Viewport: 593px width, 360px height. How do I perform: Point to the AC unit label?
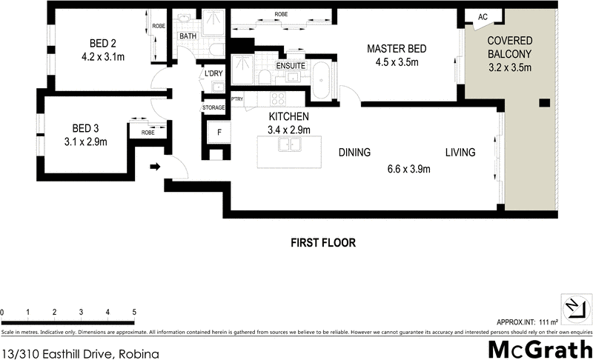click(x=483, y=17)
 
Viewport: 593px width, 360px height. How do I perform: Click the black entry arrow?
click(x=154, y=167)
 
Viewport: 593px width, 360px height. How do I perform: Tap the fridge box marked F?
click(x=219, y=133)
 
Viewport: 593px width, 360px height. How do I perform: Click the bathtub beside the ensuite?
click(x=321, y=80)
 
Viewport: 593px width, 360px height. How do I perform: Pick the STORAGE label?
click(x=213, y=108)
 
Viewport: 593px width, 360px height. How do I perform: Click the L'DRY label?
click(x=213, y=73)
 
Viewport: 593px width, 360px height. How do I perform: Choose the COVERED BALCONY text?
click(x=508, y=49)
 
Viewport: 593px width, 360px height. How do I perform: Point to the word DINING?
click(x=354, y=153)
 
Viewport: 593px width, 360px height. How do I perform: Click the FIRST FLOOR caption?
click(x=323, y=242)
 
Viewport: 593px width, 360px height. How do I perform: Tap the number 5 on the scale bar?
click(x=134, y=312)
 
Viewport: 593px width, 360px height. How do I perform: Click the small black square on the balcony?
click(x=544, y=103)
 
